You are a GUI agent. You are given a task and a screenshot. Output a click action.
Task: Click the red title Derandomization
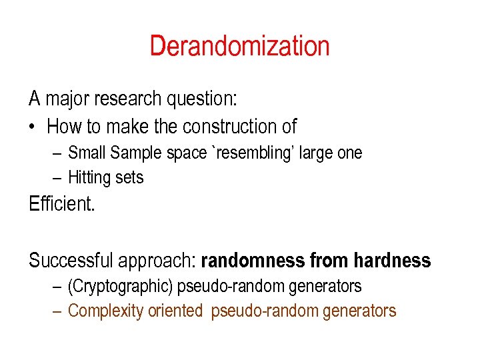pos(239,46)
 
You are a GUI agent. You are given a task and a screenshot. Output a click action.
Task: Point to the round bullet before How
pos(33,127)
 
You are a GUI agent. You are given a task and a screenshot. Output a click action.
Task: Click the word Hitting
pos(89,177)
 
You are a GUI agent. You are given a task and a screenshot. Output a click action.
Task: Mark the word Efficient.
pos(62,204)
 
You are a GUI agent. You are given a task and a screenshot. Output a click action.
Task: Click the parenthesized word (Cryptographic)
pos(121,287)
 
